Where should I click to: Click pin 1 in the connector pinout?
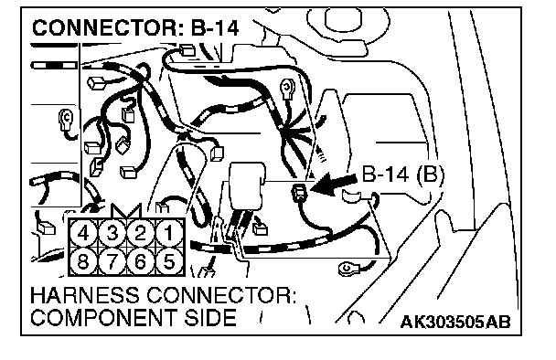169,234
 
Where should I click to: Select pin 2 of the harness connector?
141,234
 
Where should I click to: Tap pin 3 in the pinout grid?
112,234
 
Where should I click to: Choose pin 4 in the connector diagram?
83,234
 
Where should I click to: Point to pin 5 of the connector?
169,261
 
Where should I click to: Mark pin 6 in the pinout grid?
141,261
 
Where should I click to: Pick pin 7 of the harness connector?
112,261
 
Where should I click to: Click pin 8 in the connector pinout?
83,261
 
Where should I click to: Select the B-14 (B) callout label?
402,175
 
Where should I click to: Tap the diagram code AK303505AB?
455,322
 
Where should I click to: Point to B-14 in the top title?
215,28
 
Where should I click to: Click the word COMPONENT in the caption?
104,317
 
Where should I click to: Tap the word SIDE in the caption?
210,317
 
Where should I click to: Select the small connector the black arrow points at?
300,193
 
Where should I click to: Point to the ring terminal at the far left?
66,119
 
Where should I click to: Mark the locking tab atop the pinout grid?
126,211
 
